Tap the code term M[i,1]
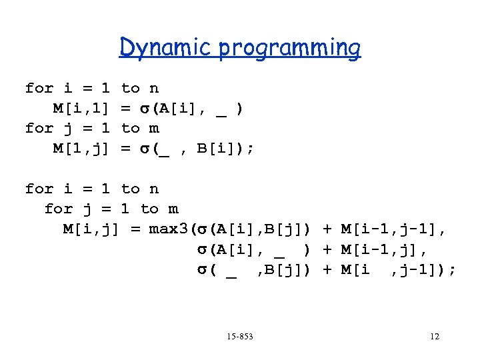pyautogui.click(x=81, y=108)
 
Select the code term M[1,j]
pyautogui.click(x=81, y=148)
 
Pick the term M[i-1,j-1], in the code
pyautogui.click(x=393, y=229)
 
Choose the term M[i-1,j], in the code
pyautogui.click(x=383, y=249)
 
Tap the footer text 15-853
pyautogui.click(x=240, y=337)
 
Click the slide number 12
pyautogui.click(x=434, y=337)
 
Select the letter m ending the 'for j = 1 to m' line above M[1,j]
pyautogui.click(x=154, y=128)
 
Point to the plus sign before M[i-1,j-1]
pyautogui.click(x=327, y=229)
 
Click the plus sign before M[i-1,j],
pyautogui.click(x=327, y=249)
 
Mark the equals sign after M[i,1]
pyautogui.click(x=125, y=108)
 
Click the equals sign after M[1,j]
pyautogui.click(x=125, y=148)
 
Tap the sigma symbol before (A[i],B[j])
pyautogui.click(x=201, y=229)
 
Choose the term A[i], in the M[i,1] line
pyautogui.click(x=177, y=108)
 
